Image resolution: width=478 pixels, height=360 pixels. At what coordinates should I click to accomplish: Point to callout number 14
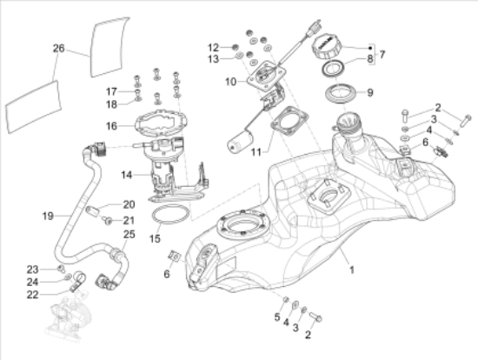(127, 175)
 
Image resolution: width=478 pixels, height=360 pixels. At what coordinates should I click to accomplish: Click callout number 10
(230, 83)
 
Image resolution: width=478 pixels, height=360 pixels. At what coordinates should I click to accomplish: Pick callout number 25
(128, 235)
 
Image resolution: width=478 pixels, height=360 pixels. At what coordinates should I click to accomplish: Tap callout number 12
(213, 46)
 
